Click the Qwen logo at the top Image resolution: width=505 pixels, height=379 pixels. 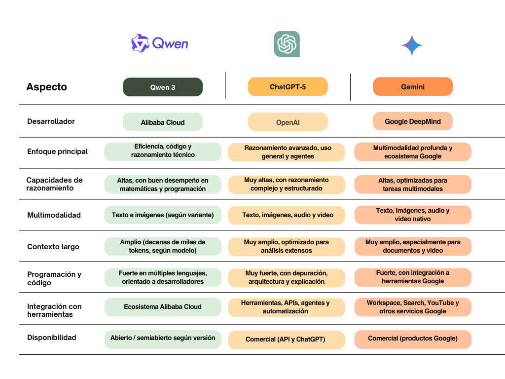(x=159, y=43)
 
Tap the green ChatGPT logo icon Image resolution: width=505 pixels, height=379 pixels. (x=287, y=44)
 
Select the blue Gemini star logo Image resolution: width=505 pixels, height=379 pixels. (x=412, y=45)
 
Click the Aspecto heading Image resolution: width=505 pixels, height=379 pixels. (x=46, y=87)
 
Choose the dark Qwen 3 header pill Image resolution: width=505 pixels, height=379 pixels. (x=163, y=87)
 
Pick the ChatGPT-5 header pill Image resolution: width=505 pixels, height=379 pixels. (x=288, y=86)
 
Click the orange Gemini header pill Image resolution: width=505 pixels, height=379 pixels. (x=412, y=86)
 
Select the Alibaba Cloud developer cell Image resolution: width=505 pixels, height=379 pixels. (x=163, y=122)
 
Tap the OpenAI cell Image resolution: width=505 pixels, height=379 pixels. (x=288, y=122)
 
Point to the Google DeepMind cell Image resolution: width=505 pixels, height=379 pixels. (x=412, y=121)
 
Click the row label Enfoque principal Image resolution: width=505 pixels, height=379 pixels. (x=57, y=152)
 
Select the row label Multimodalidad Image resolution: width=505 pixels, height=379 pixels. (x=54, y=215)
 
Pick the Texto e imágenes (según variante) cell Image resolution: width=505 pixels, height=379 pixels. (x=163, y=215)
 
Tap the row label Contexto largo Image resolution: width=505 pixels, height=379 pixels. (x=53, y=247)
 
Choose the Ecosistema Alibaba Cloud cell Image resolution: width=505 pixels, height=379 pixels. (x=163, y=307)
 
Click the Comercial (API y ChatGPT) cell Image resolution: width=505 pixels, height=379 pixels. (x=287, y=340)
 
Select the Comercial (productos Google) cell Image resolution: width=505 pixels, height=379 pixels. (x=412, y=339)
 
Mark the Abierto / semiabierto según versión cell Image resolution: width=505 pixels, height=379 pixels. (x=163, y=339)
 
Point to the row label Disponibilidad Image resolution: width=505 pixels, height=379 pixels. (x=51, y=338)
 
